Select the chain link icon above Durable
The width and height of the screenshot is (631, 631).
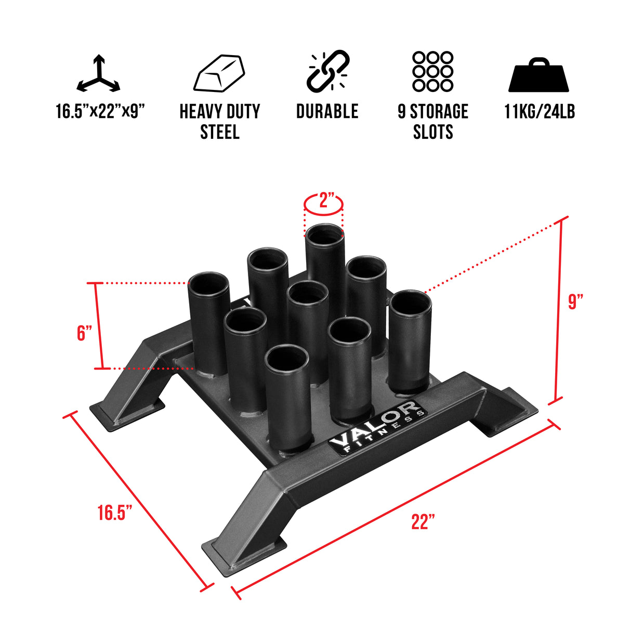click(327, 71)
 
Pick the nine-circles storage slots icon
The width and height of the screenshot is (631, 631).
click(432, 72)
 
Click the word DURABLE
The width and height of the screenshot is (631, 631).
click(327, 111)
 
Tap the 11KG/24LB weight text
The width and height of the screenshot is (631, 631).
click(540, 111)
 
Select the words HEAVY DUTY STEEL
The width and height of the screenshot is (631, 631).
click(219, 122)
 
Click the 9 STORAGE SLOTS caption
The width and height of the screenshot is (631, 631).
click(432, 122)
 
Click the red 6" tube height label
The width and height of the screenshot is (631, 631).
click(84, 333)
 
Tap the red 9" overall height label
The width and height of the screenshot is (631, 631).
click(575, 301)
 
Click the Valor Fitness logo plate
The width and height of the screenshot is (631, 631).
click(378, 427)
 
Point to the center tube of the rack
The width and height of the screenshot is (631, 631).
click(308, 322)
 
